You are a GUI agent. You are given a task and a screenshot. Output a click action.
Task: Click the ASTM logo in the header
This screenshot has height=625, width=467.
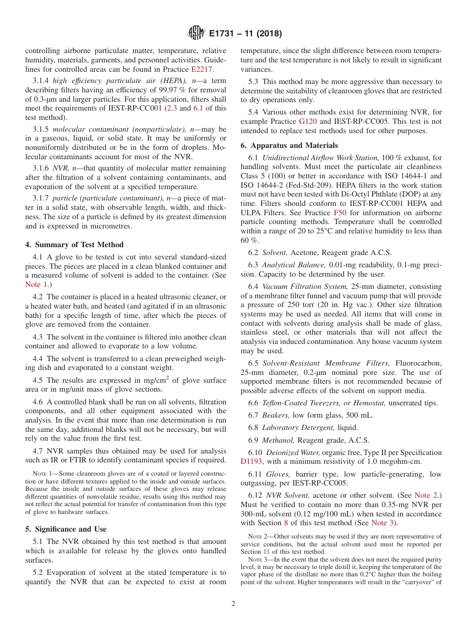click(x=196, y=33)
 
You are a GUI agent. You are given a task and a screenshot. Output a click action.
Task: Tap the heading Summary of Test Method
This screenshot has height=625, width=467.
click(x=74, y=245)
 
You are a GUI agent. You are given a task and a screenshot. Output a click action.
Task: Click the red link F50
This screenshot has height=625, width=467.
click(x=340, y=213)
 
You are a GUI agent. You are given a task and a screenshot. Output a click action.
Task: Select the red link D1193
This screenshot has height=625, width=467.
click(x=252, y=461)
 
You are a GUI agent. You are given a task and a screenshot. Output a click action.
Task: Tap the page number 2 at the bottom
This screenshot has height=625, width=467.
click(x=233, y=604)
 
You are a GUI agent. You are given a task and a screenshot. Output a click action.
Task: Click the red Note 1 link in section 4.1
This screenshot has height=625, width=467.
click(x=36, y=284)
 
